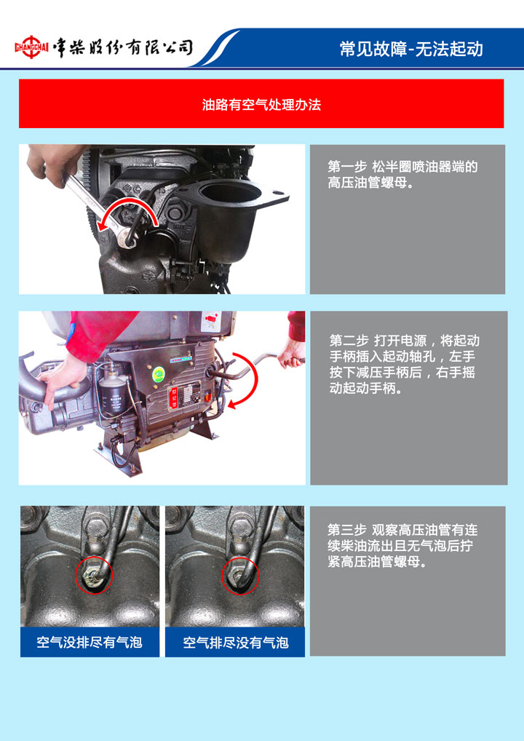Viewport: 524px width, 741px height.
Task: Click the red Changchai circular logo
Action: point(31,47)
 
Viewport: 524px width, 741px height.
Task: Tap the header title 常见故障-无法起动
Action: point(411,49)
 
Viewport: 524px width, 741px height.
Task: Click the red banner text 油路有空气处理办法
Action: point(261,104)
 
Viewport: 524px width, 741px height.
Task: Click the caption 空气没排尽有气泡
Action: point(90,642)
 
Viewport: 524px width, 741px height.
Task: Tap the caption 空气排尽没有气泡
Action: point(235,642)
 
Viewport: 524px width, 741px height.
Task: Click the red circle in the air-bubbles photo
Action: point(94,574)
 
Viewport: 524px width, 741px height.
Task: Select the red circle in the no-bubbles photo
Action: point(240,575)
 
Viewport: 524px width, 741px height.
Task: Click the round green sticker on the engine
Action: point(159,375)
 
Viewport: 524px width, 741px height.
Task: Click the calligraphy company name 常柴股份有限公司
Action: point(123,47)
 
